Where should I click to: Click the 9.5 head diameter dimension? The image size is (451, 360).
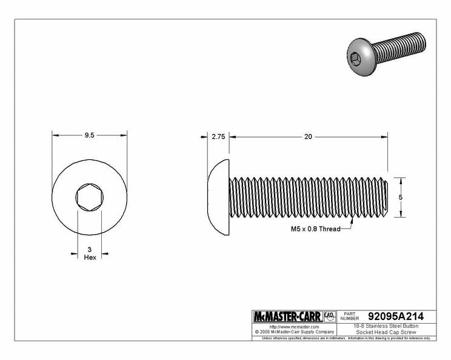[90, 135]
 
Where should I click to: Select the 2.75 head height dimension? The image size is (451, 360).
[218, 136]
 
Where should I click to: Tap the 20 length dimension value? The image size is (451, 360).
[308, 136]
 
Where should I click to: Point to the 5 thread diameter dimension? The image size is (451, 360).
[400, 197]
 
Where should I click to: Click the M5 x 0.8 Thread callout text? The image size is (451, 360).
[316, 229]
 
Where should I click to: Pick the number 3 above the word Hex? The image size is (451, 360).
[90, 250]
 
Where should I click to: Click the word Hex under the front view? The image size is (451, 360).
[90, 258]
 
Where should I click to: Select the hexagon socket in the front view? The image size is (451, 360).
[90, 197]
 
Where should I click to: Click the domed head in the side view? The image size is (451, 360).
[219, 197]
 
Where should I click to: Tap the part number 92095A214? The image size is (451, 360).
[396, 316]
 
